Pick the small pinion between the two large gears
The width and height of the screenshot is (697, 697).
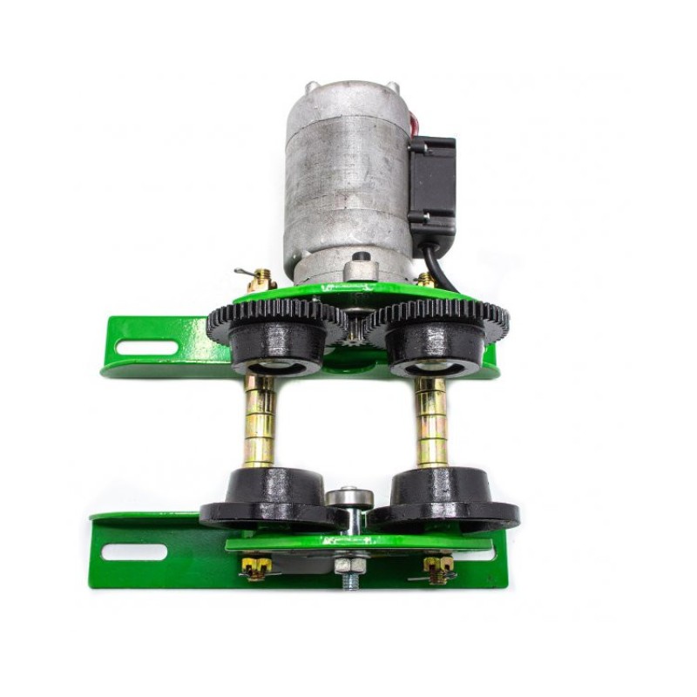click(x=355, y=327)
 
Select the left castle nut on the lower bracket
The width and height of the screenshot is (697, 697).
click(x=255, y=567)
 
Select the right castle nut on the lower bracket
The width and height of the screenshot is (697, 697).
click(x=438, y=569)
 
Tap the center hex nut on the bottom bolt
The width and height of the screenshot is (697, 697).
click(x=349, y=566)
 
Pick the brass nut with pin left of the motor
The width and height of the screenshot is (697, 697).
click(x=258, y=281)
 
